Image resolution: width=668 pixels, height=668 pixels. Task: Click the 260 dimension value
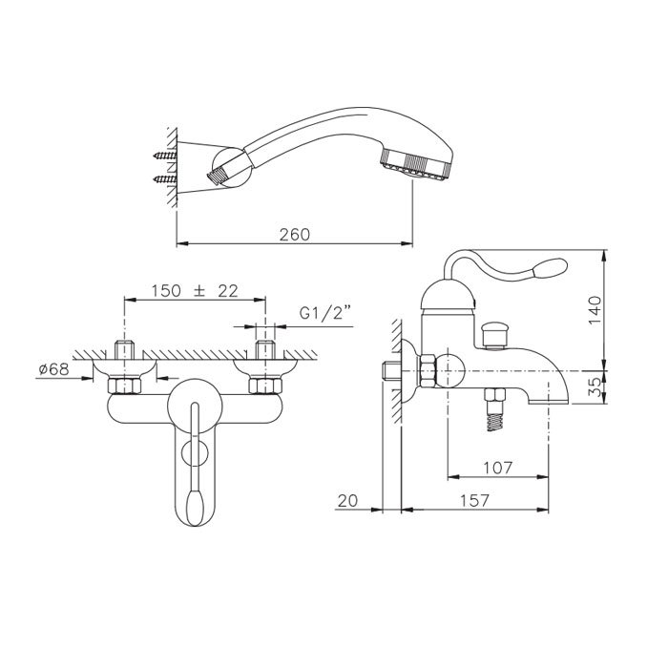point(295,235)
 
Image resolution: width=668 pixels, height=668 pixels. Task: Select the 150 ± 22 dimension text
point(195,291)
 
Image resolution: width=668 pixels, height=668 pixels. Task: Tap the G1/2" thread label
point(325,313)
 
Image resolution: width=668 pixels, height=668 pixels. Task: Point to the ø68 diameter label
point(53,369)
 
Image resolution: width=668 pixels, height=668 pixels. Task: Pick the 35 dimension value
point(595,386)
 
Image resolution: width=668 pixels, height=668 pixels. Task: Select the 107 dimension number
point(497,468)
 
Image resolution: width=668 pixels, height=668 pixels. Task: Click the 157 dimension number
point(475,501)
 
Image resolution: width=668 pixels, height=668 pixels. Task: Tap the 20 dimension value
point(347,501)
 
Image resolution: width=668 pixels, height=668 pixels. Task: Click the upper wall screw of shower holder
point(165,156)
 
